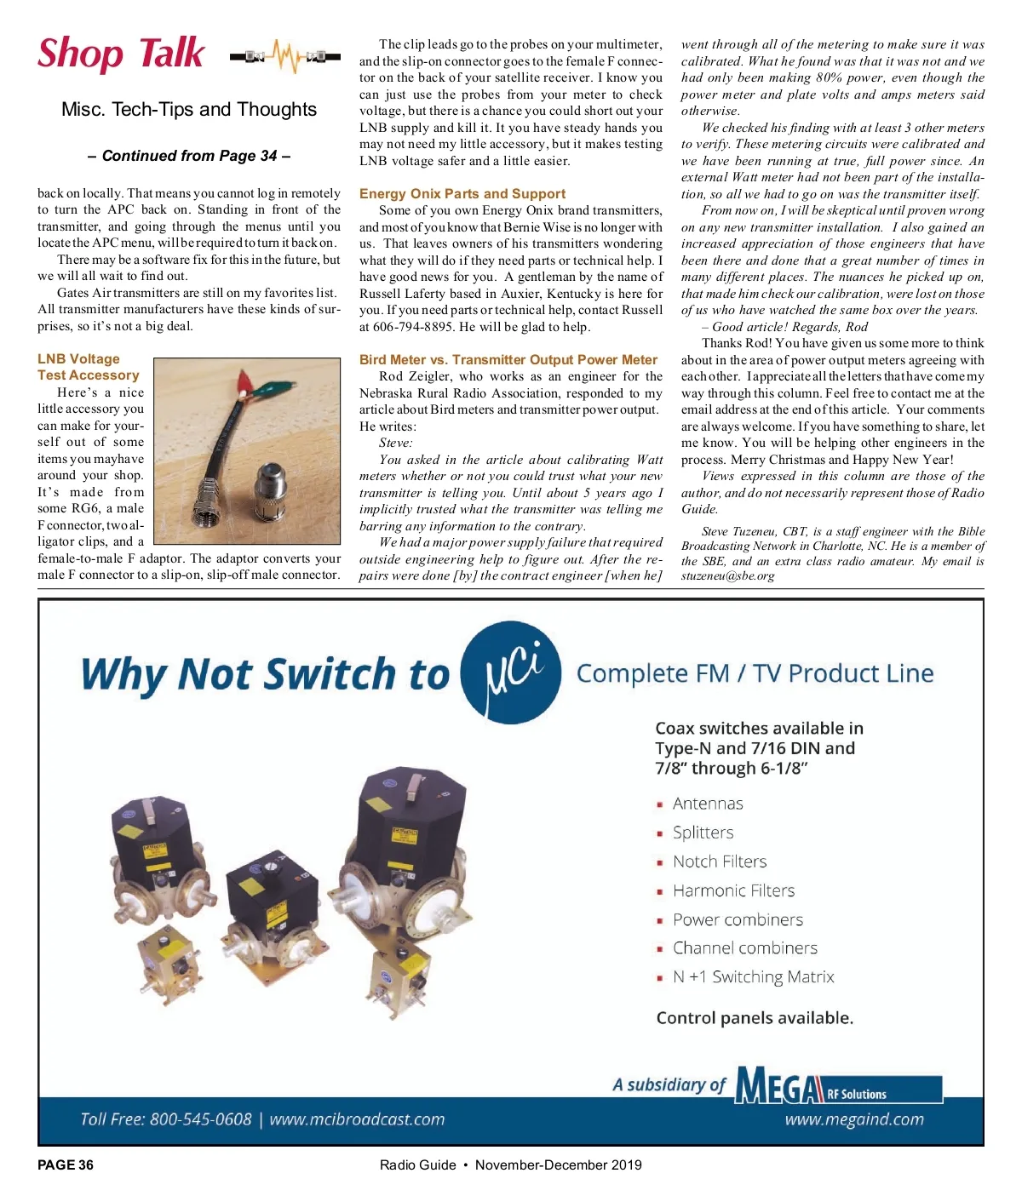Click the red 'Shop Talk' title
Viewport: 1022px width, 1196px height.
(x=121, y=54)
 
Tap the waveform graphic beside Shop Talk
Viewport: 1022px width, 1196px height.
(x=285, y=57)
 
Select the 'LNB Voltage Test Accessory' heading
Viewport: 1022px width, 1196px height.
(x=88, y=367)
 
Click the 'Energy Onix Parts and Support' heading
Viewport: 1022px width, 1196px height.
(x=462, y=194)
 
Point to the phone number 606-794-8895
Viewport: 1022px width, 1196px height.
(x=415, y=327)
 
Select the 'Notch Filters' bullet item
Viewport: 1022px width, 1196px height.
(x=719, y=861)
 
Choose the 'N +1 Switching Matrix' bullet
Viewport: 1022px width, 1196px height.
(x=753, y=976)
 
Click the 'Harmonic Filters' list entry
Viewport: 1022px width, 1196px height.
(x=733, y=890)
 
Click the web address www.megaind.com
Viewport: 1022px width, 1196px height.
(x=853, y=1119)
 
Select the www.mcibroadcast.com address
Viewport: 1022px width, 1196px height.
(x=357, y=1119)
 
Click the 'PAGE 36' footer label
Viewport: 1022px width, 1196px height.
(x=66, y=1165)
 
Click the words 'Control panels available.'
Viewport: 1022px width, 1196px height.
(x=755, y=1018)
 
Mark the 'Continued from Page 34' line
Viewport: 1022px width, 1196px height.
(x=189, y=156)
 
